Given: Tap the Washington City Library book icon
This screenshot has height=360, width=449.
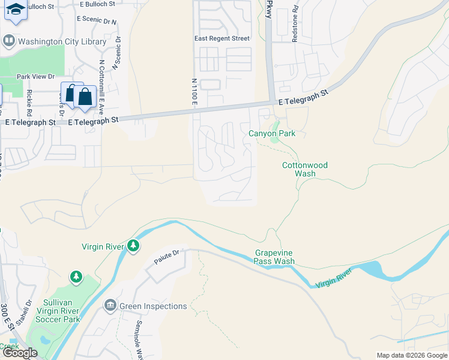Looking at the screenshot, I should point(9,41).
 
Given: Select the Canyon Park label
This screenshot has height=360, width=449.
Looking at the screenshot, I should point(272,133).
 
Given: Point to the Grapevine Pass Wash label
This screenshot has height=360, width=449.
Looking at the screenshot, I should point(274,257).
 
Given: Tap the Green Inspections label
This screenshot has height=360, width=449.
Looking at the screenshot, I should point(153,306).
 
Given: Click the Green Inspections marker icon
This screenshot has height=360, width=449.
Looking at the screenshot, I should point(110,306).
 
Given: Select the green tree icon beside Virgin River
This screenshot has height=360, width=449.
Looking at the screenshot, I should point(133,246).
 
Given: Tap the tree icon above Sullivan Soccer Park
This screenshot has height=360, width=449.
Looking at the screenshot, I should point(76,277).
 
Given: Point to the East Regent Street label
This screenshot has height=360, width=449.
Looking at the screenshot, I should point(221,38).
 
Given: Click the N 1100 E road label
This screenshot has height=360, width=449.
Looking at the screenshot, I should point(194,92).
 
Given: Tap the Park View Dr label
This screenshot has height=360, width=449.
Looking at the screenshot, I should point(35,76).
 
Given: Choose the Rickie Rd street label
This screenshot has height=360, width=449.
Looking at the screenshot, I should point(29,102).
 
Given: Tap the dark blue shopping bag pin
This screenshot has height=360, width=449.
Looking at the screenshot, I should point(85,97).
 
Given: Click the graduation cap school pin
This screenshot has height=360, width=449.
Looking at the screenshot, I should point(16,10).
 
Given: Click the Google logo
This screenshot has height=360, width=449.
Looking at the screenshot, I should point(20,353).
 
